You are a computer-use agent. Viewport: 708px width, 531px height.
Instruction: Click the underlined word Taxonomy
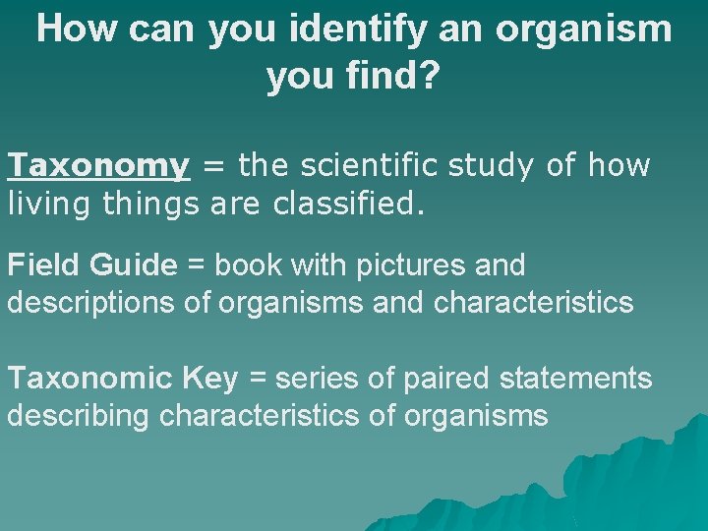[x=98, y=166]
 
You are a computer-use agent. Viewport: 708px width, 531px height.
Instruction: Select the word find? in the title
[x=390, y=77]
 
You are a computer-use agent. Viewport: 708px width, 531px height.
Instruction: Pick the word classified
[x=339, y=206]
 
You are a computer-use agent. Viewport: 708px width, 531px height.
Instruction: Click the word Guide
[x=133, y=265]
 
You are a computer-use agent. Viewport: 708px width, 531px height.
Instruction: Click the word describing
[x=80, y=416]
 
